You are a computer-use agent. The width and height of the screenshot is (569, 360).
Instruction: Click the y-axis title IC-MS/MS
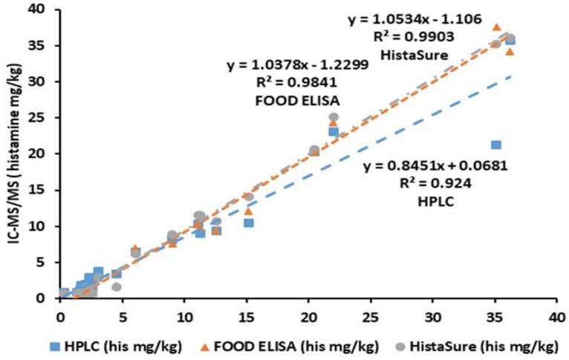pyautogui.click(x=13, y=148)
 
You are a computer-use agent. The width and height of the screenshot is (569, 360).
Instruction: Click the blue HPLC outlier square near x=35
pyautogui.click(x=496, y=145)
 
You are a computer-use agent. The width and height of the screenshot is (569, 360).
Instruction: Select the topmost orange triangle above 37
pyautogui.click(x=496, y=27)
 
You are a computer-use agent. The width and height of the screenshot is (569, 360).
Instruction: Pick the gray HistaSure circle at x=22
pyautogui.click(x=334, y=117)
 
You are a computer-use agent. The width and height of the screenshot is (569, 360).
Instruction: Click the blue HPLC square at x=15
pyautogui.click(x=249, y=223)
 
